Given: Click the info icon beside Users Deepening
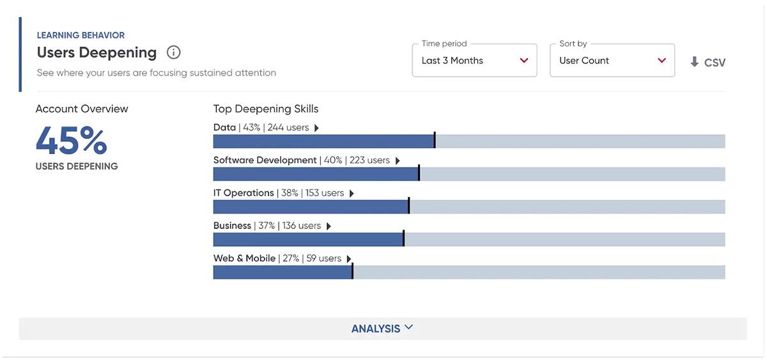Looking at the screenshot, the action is click(174, 52).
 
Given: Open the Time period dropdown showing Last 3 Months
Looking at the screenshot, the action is click(474, 60).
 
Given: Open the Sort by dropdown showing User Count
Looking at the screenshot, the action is click(612, 60).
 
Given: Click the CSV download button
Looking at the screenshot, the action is click(708, 62).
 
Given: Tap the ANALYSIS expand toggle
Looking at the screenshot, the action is click(382, 329).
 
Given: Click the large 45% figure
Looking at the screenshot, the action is click(71, 140).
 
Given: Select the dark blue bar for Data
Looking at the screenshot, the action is click(324, 141).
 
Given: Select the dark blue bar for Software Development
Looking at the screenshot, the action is click(316, 174).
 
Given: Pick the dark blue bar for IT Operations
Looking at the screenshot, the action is click(311, 207).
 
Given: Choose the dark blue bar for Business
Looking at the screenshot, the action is click(309, 239).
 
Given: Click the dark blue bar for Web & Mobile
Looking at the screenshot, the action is click(283, 272).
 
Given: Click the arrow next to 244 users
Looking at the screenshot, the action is click(317, 128).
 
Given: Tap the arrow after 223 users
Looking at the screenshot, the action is click(398, 160).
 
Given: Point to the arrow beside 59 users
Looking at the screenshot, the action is click(349, 258).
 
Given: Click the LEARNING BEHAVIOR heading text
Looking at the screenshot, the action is click(81, 35).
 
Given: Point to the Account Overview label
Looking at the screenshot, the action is click(82, 109).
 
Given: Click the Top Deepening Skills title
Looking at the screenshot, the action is click(266, 109).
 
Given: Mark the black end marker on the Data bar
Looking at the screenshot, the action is click(435, 140).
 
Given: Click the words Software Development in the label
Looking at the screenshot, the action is click(265, 160).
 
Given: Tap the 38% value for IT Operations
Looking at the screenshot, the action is click(290, 193).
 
